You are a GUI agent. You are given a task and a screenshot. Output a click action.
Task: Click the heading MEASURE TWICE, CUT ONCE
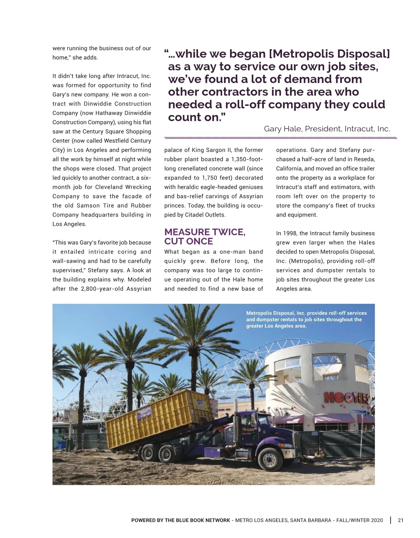[205, 237]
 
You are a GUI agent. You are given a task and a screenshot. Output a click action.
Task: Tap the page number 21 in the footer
[401, 520]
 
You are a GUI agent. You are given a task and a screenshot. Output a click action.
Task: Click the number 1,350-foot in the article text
[247, 159]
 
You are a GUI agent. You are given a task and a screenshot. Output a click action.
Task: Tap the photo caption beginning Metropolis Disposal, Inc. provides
[306, 320]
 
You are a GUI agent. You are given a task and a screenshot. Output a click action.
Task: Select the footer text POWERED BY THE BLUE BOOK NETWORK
[181, 520]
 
